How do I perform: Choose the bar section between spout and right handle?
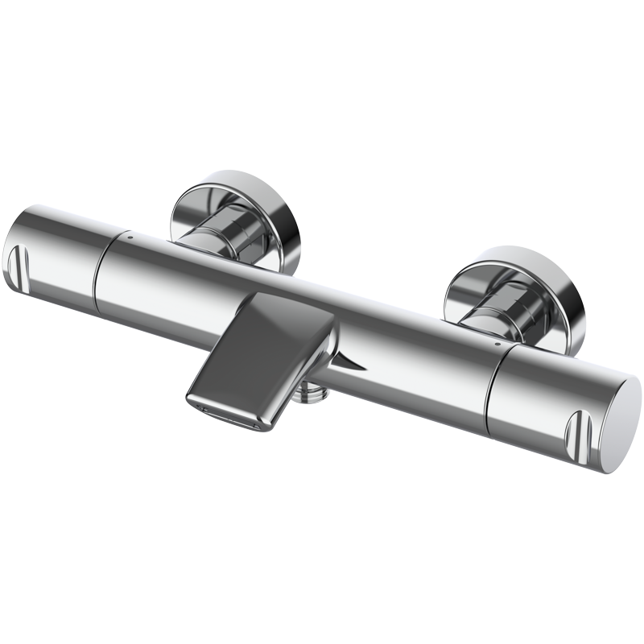click(419, 354)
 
